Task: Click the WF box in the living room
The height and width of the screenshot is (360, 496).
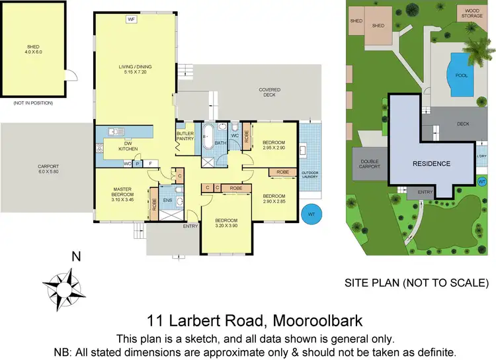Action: tap(131, 20)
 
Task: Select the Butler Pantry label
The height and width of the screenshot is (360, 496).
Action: tap(185, 136)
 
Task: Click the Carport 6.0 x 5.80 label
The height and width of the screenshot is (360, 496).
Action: tap(48, 169)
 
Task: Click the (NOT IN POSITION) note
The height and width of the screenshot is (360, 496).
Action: tap(33, 103)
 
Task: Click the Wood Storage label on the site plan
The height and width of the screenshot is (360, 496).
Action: tap(472, 13)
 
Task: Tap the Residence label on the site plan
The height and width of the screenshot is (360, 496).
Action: tap(432, 163)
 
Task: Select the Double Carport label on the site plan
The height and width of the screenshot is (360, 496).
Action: tap(370, 164)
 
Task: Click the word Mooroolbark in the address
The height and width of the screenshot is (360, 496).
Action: tap(310, 322)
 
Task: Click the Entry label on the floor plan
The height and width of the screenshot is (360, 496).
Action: tap(190, 227)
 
